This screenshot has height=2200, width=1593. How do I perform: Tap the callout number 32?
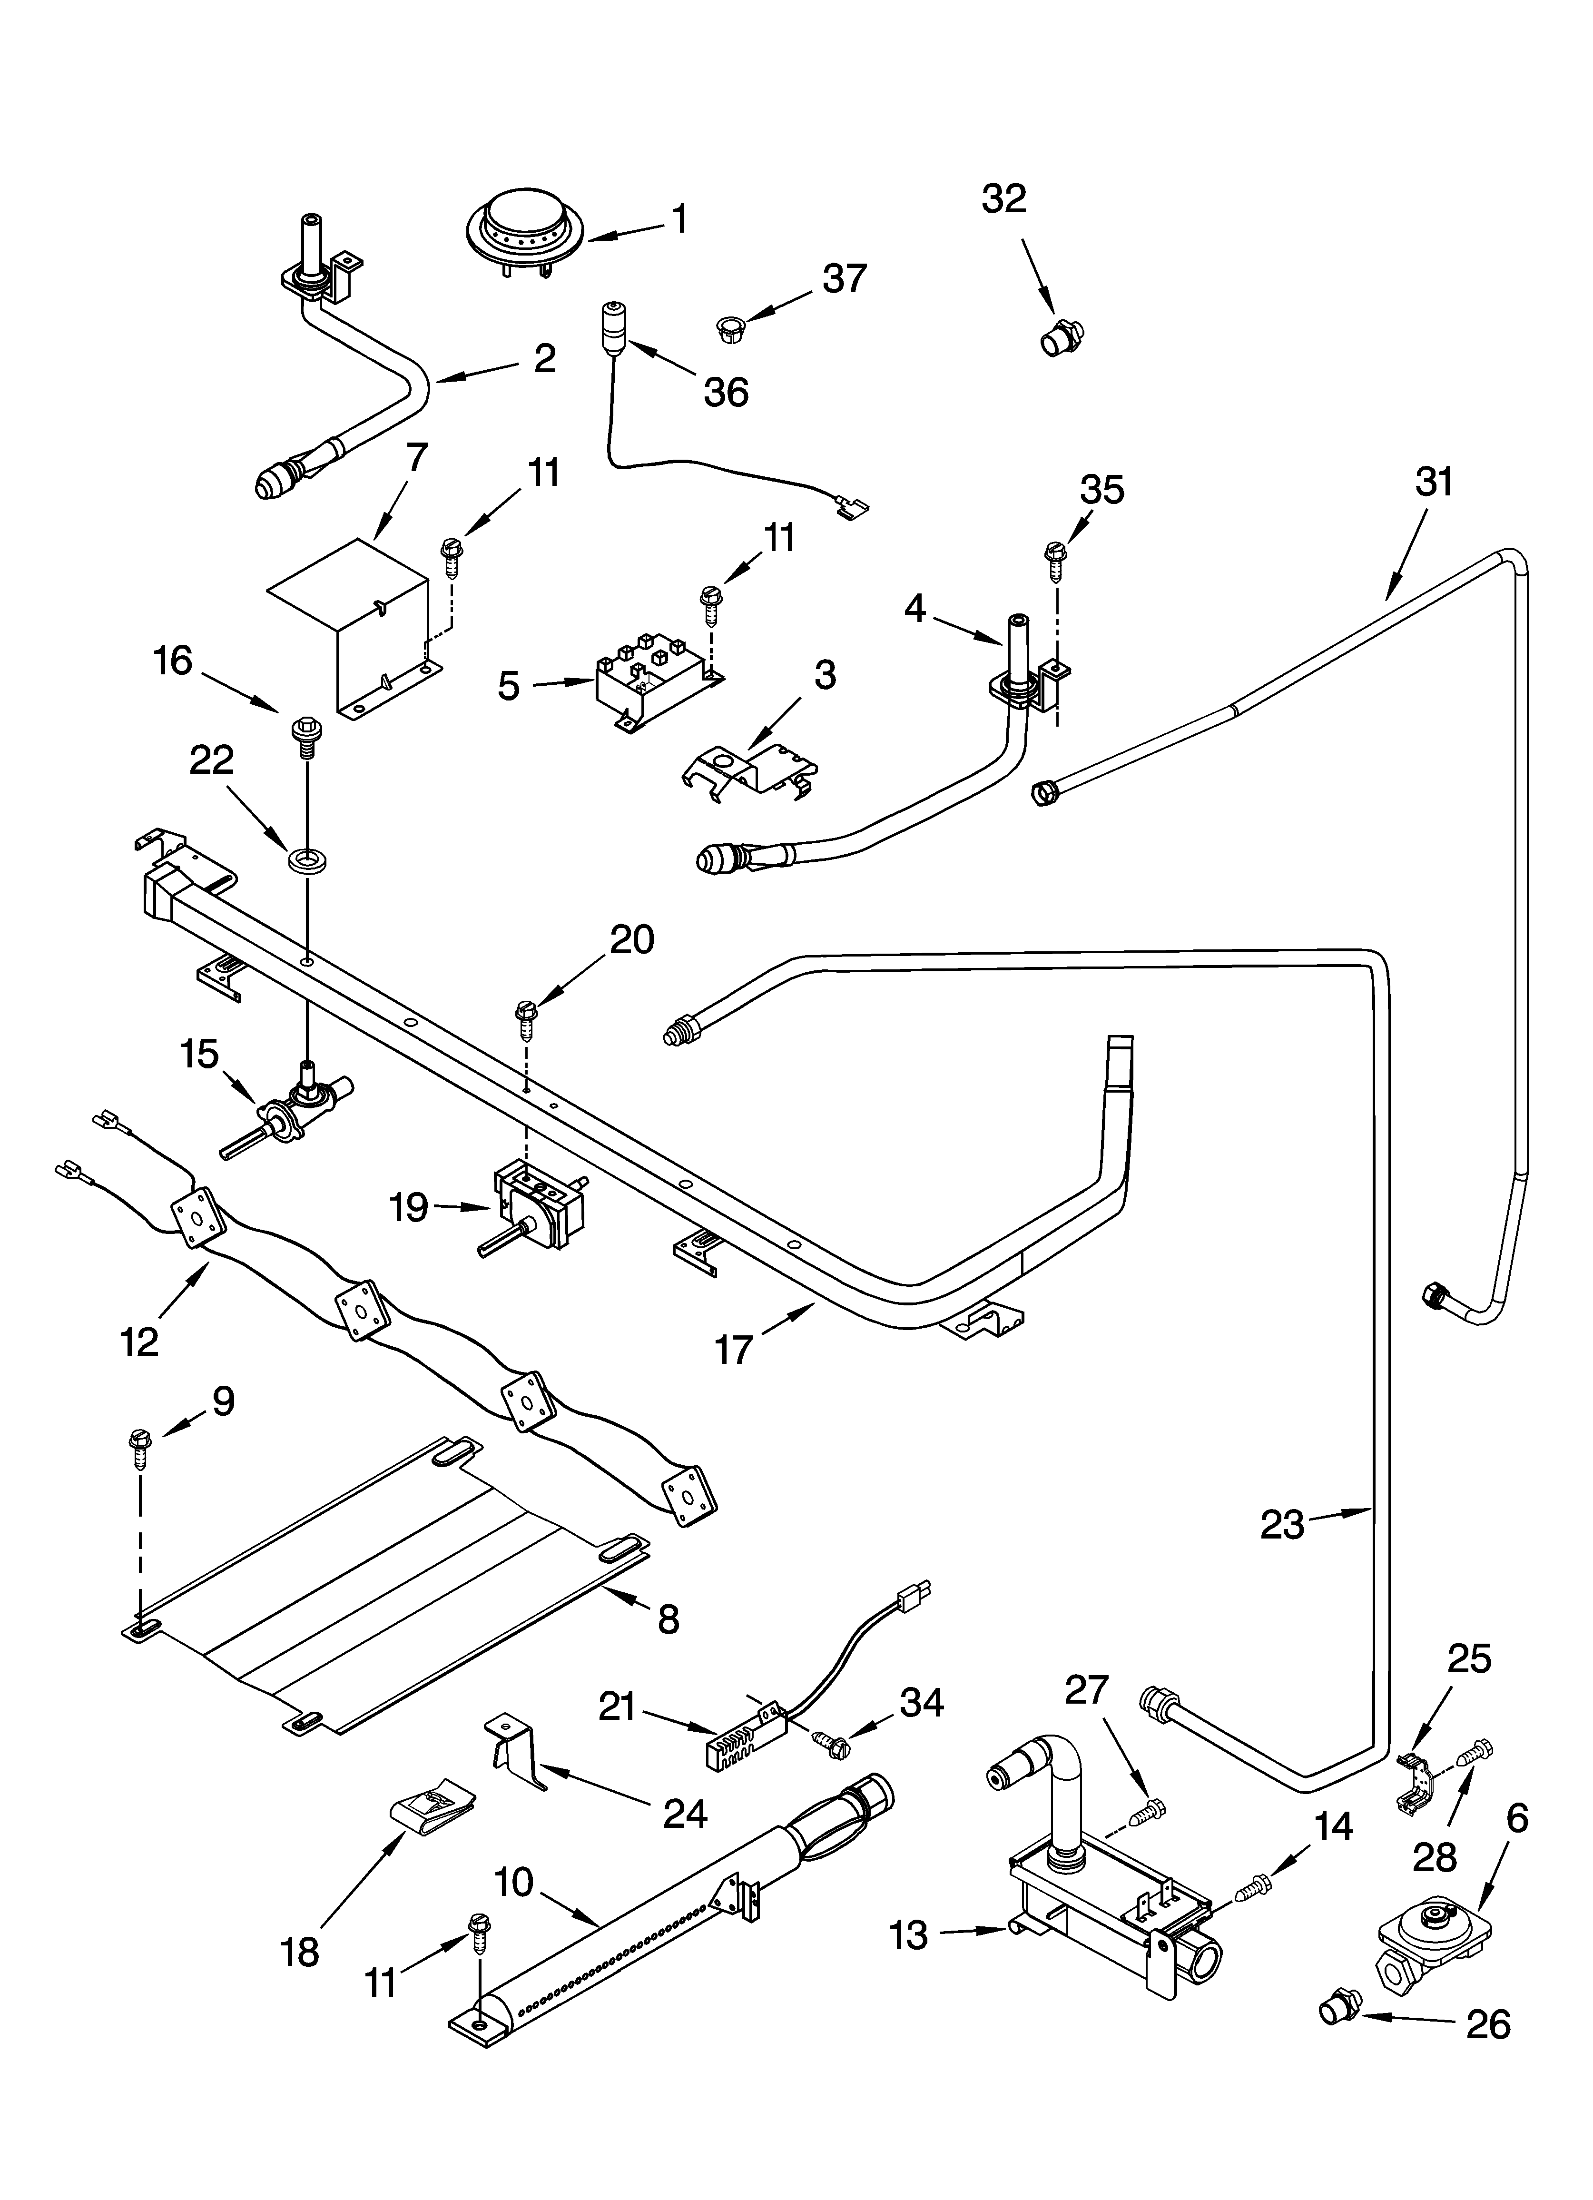click(1003, 199)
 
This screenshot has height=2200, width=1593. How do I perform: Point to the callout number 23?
click(1281, 1525)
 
